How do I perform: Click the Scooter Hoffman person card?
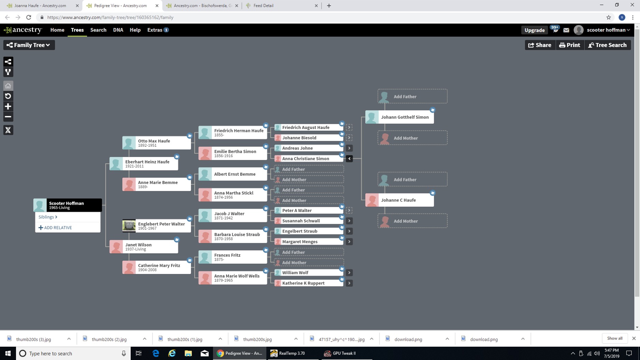pos(68,205)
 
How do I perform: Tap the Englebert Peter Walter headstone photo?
pos(129,226)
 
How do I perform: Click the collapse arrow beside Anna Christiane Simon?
pos(349,159)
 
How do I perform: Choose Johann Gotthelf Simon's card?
pos(399,117)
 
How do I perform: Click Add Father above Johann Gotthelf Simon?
pos(412,97)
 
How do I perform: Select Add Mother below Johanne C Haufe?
pos(412,221)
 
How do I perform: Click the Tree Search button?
pos(608,45)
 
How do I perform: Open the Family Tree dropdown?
pos(29,45)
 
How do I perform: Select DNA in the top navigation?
pos(118,30)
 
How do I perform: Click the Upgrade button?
pos(534,30)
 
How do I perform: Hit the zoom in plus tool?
pos(8,106)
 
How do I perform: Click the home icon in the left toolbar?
pos(8,86)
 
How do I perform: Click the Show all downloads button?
pos(614,339)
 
